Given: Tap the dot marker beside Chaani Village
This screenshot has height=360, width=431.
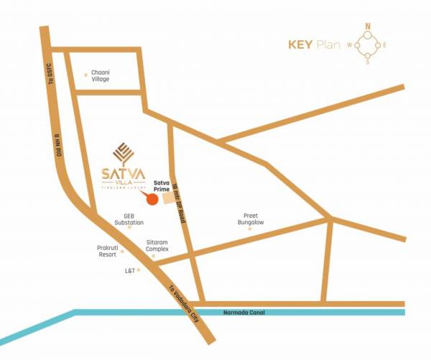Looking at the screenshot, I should pos(85,73).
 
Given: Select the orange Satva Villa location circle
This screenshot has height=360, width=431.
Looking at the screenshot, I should pos(152,199).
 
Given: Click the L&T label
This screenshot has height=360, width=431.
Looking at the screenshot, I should pos(130,270).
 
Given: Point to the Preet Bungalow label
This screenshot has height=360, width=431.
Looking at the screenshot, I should pos(252,219).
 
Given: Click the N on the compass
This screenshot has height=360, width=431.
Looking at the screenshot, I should pos(368,27).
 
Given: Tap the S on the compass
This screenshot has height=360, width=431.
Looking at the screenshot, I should pos(368,62).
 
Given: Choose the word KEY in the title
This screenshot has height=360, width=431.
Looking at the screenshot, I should pos(300,45).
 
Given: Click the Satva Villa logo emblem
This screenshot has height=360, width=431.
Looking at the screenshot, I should pos(124,154).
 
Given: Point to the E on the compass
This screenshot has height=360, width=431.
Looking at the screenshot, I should pos(384,45).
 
